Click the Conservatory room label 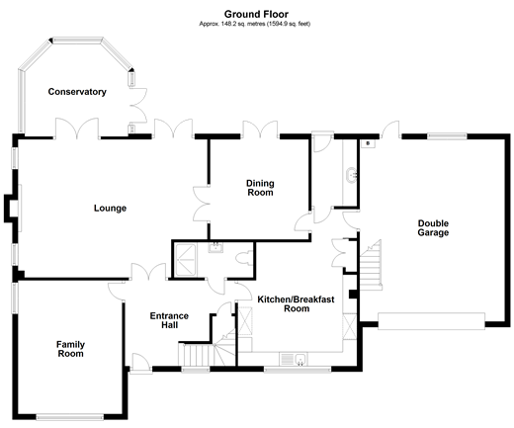[77, 92]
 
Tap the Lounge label [110, 209]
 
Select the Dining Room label [260, 188]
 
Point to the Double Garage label [433, 228]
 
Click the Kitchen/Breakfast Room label [296, 303]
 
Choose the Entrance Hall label [169, 320]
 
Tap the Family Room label [70, 349]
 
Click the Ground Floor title [256, 14]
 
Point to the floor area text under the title [255, 24]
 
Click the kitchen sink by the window [294, 359]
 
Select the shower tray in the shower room [185, 260]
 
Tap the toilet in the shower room [244, 258]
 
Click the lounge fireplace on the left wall [13, 209]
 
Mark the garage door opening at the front [431, 321]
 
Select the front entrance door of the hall [141, 364]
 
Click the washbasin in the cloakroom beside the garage [352, 174]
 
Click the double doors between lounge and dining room [201, 204]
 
